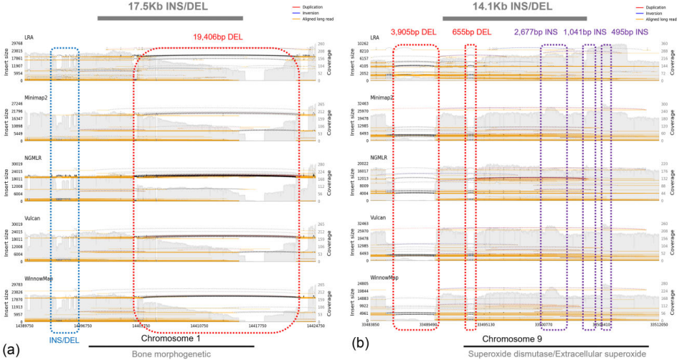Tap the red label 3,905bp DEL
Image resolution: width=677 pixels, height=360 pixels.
click(413, 32)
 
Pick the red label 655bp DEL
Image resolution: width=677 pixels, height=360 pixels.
click(471, 32)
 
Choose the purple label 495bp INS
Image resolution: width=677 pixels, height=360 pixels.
click(630, 32)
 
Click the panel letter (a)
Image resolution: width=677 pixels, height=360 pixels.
click(11, 351)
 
